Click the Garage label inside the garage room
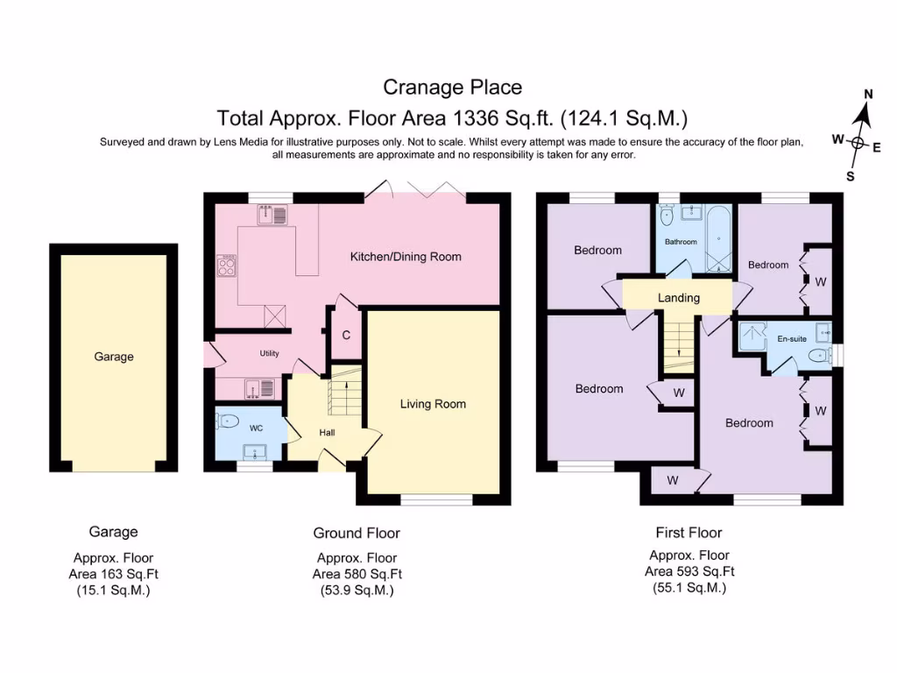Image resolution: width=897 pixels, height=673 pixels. (x=114, y=357)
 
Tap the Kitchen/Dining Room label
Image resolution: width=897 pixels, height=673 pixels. (x=406, y=257)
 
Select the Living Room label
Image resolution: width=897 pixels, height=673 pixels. (x=433, y=404)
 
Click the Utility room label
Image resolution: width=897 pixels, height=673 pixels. (x=268, y=353)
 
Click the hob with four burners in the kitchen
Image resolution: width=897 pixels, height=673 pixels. (x=226, y=266)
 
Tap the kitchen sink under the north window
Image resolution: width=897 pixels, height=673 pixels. (x=272, y=215)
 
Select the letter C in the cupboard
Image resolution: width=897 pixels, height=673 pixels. (x=346, y=335)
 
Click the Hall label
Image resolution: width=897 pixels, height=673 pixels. (x=327, y=432)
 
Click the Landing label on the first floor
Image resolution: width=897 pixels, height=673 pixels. (x=679, y=298)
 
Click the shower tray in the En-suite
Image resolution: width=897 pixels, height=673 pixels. (x=752, y=336)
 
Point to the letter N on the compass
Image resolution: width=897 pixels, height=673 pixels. (x=868, y=95)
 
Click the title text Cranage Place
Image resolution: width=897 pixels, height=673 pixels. (x=452, y=87)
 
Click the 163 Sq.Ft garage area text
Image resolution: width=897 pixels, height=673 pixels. (x=114, y=574)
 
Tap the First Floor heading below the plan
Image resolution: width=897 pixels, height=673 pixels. (x=689, y=532)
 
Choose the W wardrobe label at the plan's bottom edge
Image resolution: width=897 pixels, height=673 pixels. (x=673, y=480)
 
